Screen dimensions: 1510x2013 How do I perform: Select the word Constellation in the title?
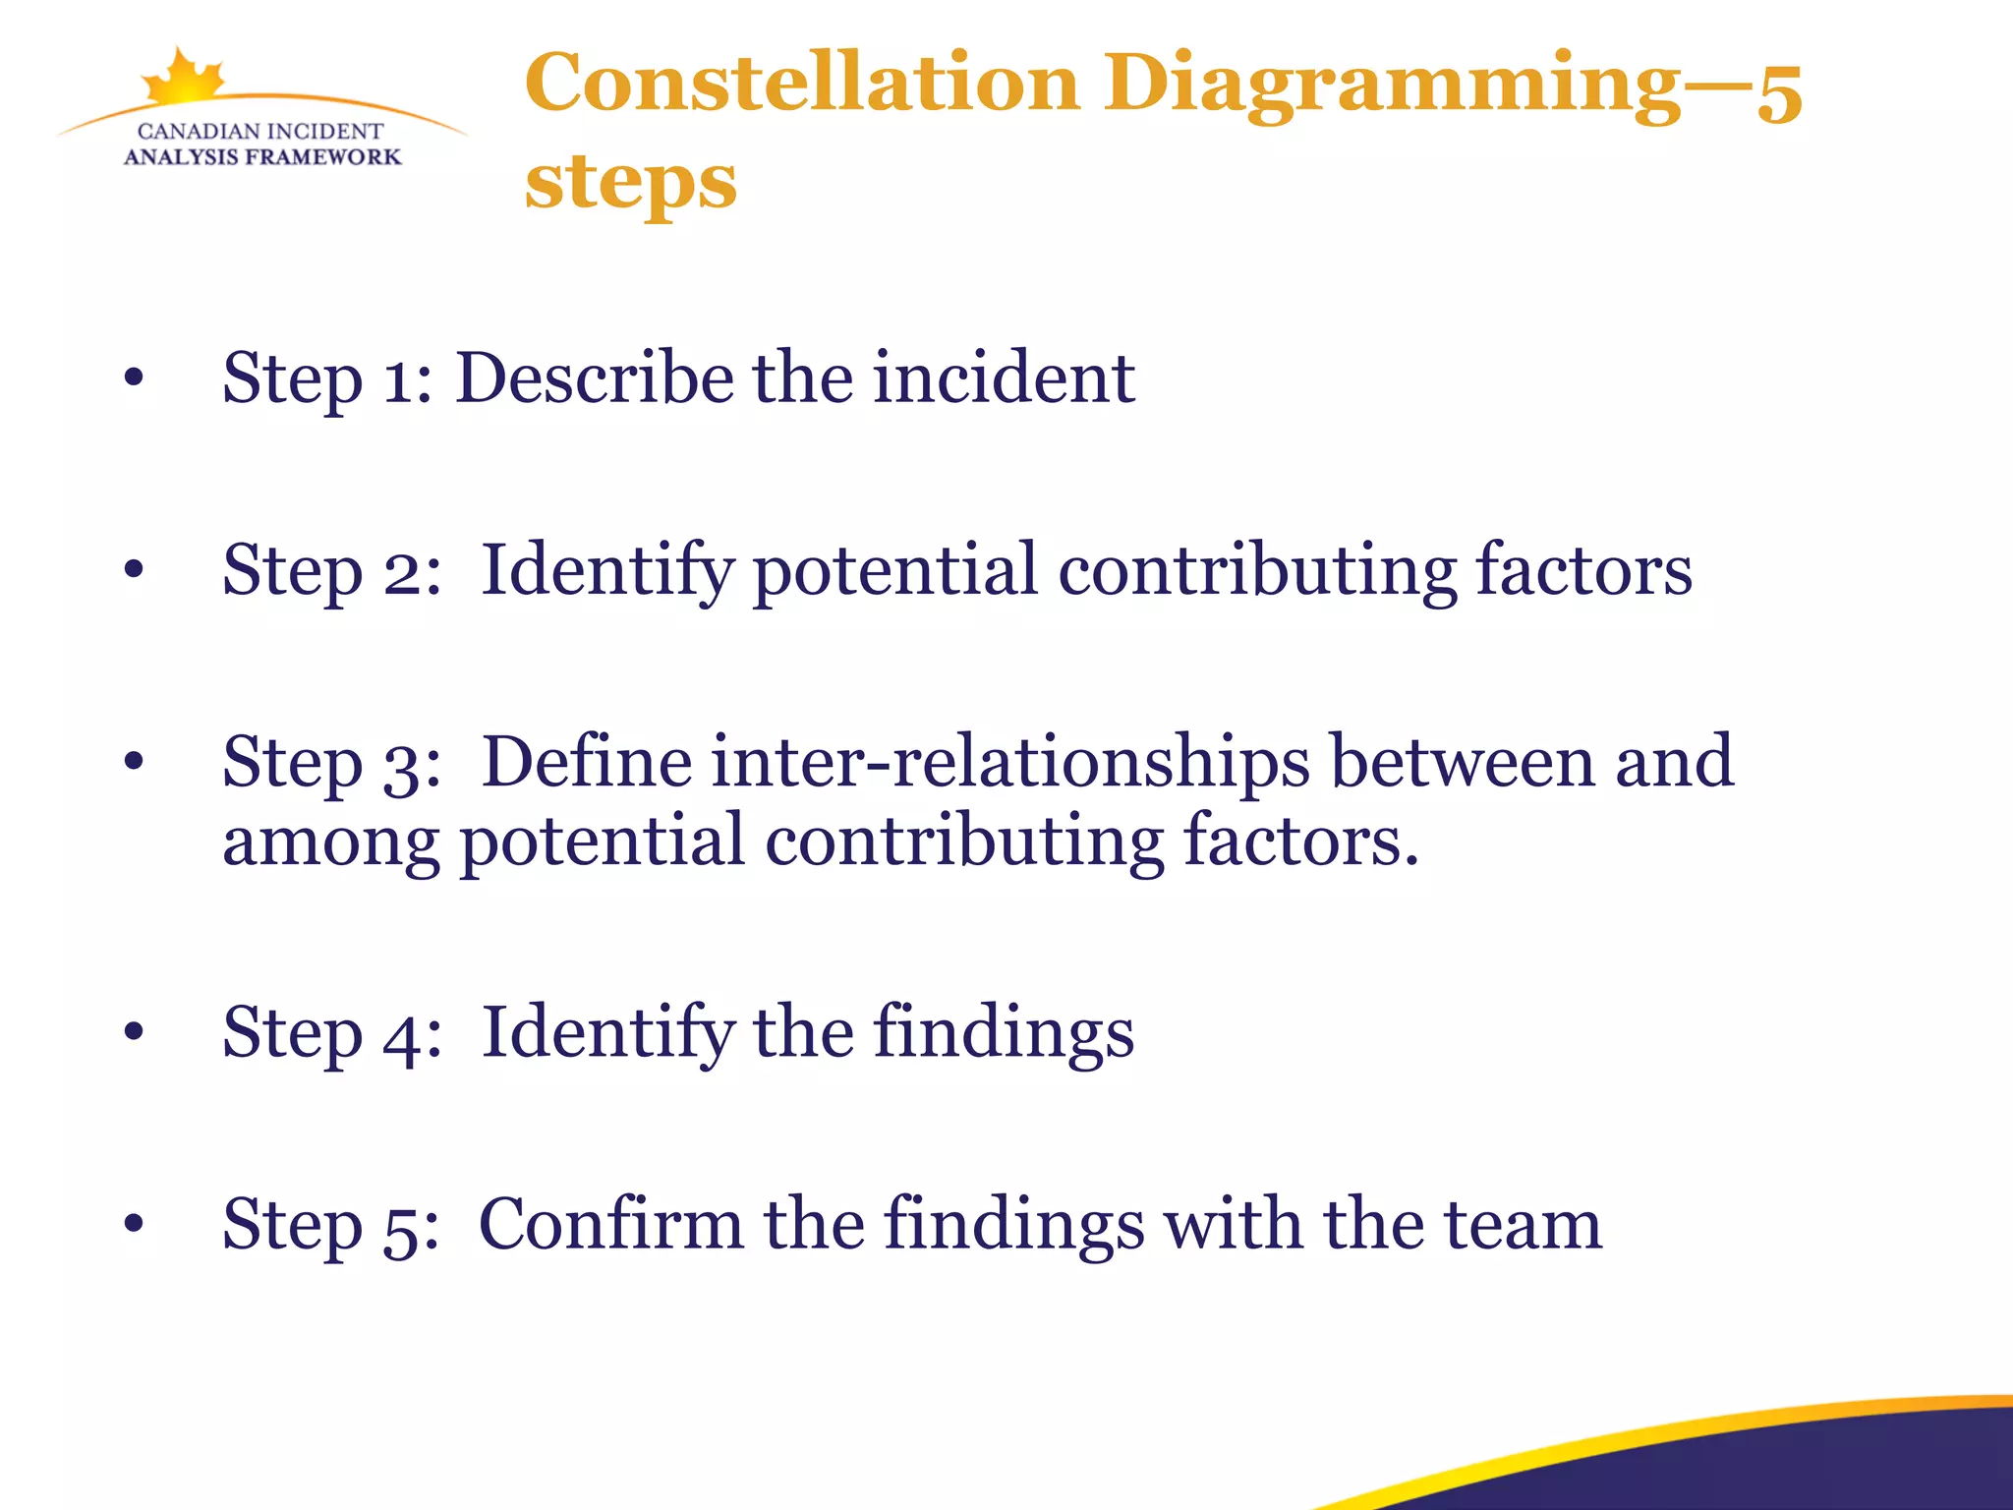tap(802, 83)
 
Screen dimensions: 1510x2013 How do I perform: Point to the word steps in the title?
tap(630, 183)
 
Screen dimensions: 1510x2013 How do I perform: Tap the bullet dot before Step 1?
tap(135, 377)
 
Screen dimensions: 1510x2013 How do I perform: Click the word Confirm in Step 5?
tap(610, 1224)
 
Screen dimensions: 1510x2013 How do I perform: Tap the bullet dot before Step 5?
tap(135, 1224)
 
